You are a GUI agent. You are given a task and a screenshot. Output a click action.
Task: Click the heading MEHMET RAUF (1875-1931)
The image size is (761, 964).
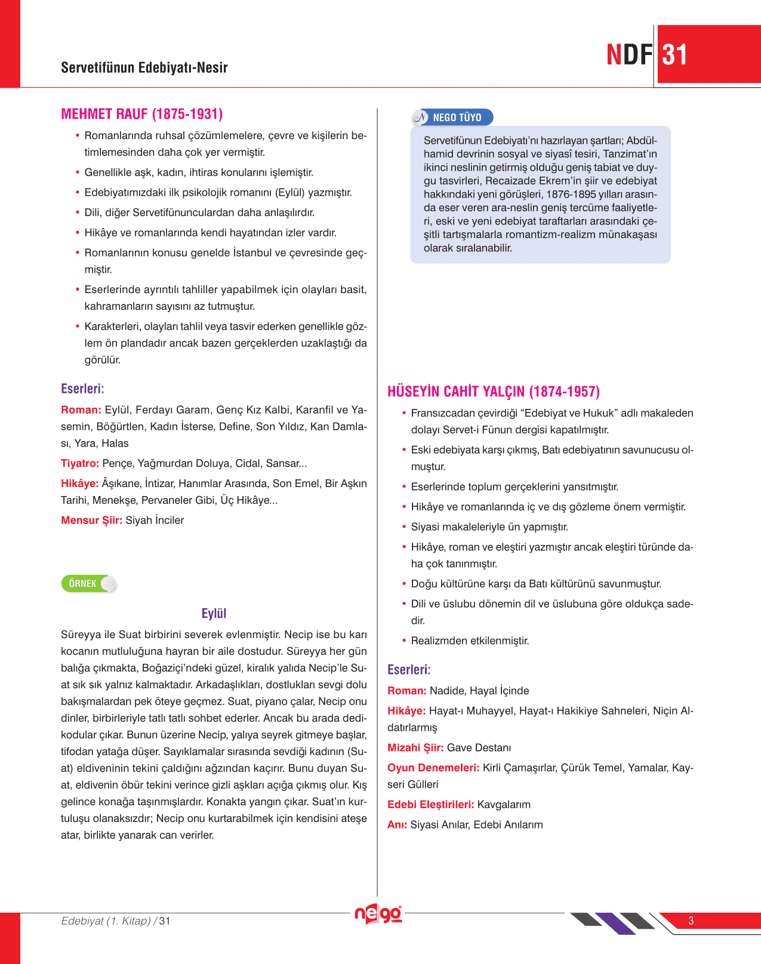[141, 114]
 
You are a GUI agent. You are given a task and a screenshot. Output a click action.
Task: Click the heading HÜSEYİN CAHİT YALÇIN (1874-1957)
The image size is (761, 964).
[493, 392]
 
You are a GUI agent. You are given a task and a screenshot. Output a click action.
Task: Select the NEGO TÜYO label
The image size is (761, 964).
[457, 118]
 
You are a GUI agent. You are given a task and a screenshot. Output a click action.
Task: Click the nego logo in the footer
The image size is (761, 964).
[378, 914]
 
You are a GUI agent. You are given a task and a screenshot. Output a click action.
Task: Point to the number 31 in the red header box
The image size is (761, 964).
[675, 55]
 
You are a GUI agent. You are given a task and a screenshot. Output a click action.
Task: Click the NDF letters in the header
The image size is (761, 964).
[629, 55]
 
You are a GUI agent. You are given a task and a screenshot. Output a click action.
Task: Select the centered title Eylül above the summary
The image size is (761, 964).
[214, 614]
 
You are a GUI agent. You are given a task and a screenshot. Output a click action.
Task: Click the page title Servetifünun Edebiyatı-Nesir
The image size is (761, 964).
[144, 67]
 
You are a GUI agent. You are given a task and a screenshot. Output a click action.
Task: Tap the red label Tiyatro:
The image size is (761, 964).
[80, 463]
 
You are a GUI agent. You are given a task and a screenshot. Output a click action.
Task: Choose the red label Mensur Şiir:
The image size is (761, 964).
[91, 521]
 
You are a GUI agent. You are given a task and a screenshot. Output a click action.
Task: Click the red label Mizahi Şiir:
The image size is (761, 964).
[415, 748]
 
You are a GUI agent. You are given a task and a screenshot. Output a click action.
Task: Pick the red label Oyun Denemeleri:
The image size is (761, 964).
[433, 768]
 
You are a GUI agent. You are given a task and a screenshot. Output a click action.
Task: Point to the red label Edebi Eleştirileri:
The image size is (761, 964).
[430, 805]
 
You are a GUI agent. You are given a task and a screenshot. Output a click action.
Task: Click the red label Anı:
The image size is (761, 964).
[397, 825]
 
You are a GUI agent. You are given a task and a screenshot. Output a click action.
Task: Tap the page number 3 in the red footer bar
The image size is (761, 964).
[691, 920]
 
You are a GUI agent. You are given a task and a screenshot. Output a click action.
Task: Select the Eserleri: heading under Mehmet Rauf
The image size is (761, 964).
[82, 389]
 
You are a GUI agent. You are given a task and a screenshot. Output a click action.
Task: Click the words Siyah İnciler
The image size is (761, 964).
[155, 521]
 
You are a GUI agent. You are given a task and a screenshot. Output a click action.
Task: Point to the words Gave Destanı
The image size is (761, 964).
[479, 748]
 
